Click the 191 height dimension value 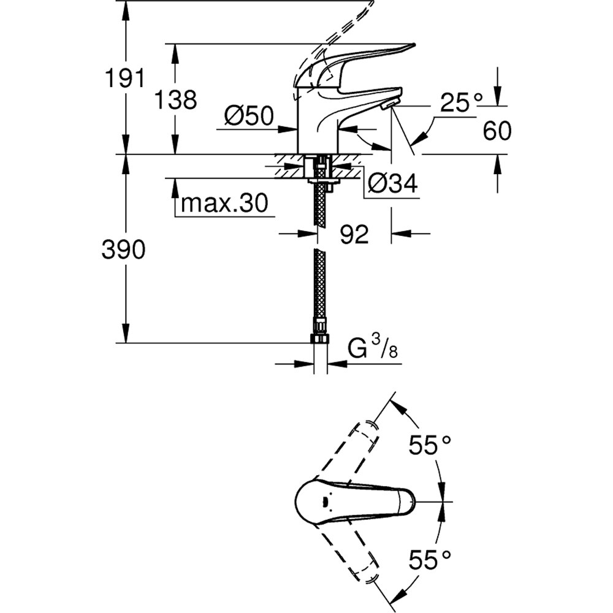pyautogui.click(x=124, y=78)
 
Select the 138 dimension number pyautogui.click(x=176, y=99)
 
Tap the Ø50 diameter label pyautogui.click(x=248, y=116)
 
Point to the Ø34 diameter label pyautogui.click(x=392, y=182)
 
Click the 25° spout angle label pyautogui.click(x=461, y=103)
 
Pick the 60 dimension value pyautogui.click(x=497, y=131)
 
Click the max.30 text pyautogui.click(x=224, y=204)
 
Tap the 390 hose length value pyautogui.click(x=124, y=249)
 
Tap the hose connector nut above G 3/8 pyautogui.click(x=320, y=339)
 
